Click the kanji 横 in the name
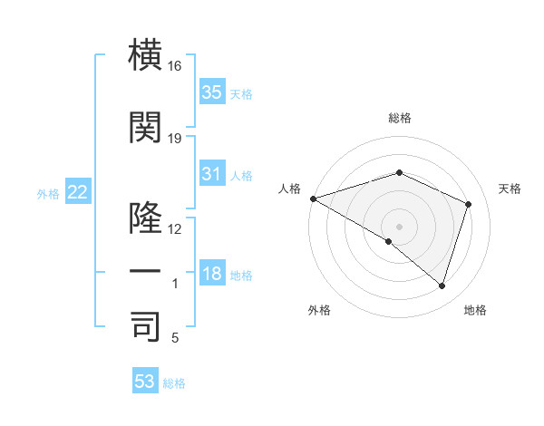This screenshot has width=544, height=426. (146, 56)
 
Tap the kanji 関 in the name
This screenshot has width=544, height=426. (146, 127)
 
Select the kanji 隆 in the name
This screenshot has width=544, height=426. (146, 218)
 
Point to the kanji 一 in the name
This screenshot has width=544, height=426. (146, 272)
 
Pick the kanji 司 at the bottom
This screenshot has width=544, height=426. (146, 326)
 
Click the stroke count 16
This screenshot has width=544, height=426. (175, 67)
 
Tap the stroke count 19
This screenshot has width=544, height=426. (175, 139)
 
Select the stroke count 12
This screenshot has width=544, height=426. (175, 229)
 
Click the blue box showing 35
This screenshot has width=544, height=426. (211, 92)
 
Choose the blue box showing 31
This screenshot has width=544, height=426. (211, 174)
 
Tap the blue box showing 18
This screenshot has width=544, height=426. (211, 274)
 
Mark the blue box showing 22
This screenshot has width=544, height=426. (77, 191)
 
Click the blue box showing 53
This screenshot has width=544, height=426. (144, 382)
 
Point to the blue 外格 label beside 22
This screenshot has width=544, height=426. (47, 193)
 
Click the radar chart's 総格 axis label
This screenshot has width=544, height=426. (400, 118)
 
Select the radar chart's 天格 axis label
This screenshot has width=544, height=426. (510, 189)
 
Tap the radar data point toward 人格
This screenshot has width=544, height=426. (313, 198)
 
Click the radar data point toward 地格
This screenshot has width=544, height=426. (442, 286)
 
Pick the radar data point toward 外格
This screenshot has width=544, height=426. (389, 241)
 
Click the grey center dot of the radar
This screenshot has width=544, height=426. (399, 226)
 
